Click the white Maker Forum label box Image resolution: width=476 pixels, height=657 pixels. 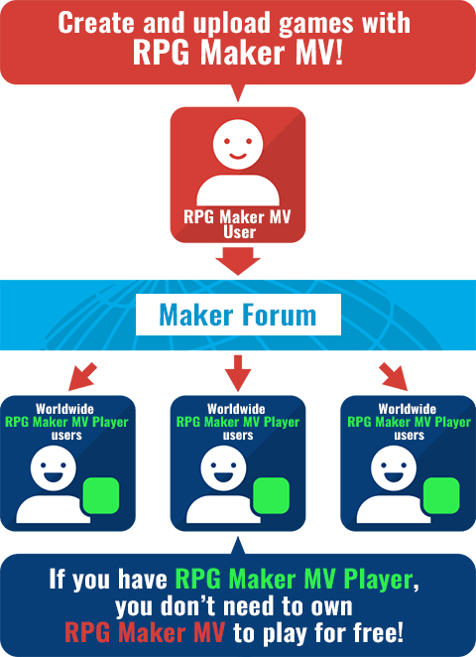pos(238,315)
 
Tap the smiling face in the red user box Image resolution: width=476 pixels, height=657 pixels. pos(238,144)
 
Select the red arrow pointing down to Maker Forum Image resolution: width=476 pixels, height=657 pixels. pos(238,261)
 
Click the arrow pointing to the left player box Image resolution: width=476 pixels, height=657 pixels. pos(82,377)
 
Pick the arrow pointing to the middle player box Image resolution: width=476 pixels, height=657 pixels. pos(238,373)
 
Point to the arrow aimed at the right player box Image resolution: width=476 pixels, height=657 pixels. pos(393,377)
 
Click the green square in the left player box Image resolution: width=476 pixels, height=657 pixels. pos(101,495)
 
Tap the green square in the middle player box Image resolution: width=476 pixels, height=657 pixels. pos(272,495)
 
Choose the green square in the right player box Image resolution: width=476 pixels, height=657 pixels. pos(441,495)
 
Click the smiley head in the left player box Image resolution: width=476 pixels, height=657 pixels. pos(54,468)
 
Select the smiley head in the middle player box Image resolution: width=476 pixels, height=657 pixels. pos(223,468)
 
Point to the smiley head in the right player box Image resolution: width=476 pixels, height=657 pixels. pos(394,468)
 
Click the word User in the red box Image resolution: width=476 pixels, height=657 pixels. pos(239,231)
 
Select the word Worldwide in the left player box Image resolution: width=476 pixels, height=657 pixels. pos(64,409)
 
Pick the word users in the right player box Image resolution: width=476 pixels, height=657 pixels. pos(409,436)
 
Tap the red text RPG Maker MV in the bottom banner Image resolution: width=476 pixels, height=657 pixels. pos(145,633)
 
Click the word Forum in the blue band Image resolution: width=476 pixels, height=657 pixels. pos(278,315)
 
